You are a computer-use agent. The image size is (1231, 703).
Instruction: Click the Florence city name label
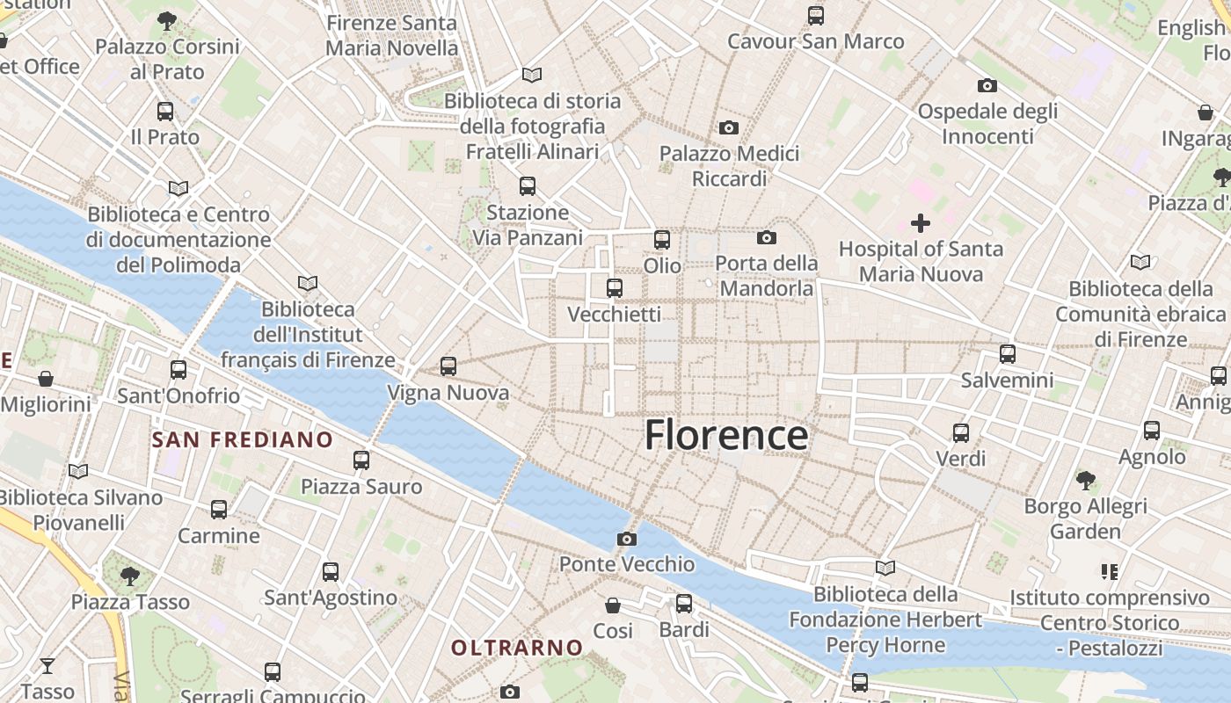click(726, 435)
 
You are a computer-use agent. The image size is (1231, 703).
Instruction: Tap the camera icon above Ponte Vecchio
click(626, 539)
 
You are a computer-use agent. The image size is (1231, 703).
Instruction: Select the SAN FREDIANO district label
click(243, 439)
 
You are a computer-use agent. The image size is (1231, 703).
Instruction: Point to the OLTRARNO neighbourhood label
click(517, 648)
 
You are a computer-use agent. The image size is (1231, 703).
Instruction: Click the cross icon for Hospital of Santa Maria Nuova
click(921, 223)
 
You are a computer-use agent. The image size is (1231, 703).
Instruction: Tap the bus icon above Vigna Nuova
click(448, 366)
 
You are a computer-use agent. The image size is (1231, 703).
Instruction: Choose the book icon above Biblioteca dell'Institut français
click(307, 283)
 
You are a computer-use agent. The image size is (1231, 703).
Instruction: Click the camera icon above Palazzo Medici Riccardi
click(728, 128)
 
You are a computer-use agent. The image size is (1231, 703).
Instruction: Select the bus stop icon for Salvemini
click(1008, 354)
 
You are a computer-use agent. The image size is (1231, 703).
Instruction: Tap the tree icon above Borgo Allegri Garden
click(1086, 481)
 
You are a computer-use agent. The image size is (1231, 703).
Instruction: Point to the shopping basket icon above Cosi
click(613, 605)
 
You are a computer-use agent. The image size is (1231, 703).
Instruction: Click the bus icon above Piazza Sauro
click(361, 460)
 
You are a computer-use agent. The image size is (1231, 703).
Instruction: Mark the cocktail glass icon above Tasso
click(47, 666)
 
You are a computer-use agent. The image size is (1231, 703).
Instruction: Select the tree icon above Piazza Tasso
click(130, 576)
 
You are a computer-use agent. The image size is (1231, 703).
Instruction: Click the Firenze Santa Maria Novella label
click(391, 35)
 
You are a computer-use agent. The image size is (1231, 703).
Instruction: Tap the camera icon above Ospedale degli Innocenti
click(987, 86)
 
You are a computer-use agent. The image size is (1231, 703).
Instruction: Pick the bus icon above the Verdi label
click(961, 432)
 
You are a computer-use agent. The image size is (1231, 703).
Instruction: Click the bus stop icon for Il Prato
click(165, 112)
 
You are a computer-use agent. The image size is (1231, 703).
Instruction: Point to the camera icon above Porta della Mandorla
click(767, 237)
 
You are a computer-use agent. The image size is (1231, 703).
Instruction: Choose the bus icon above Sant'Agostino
click(331, 572)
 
